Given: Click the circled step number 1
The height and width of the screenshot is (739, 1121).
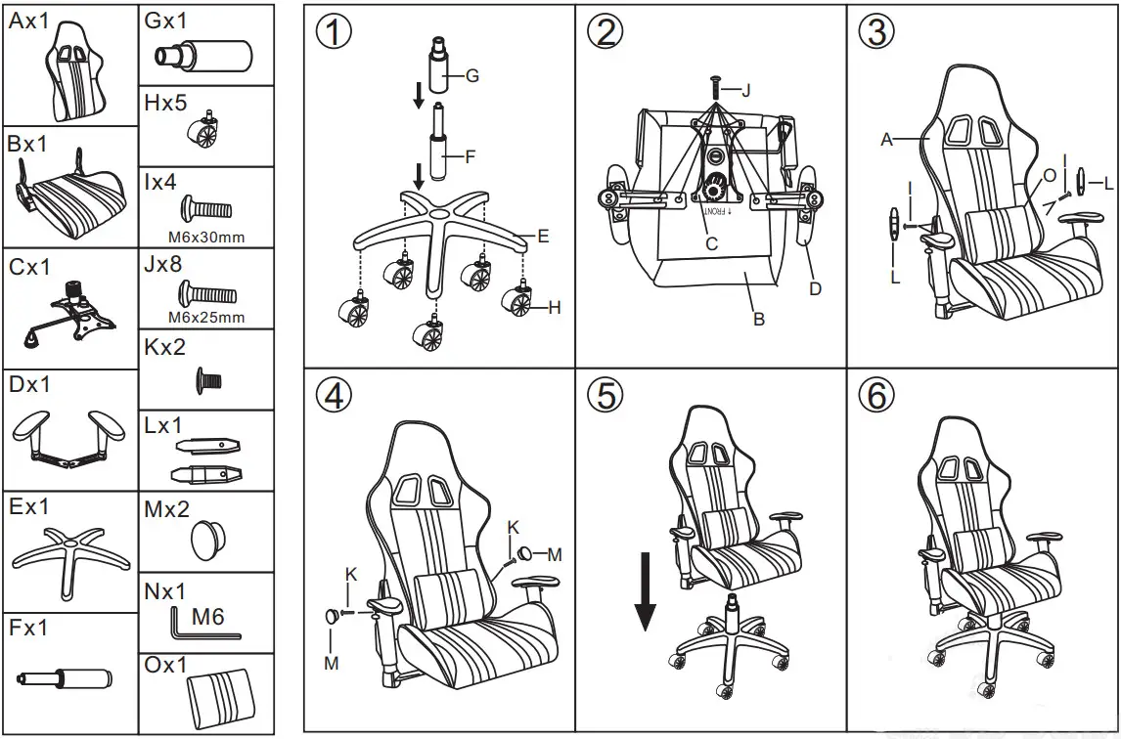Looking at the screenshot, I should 334,31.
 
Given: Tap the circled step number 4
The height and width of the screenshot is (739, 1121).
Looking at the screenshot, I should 334,395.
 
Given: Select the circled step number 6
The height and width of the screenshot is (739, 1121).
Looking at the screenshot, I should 875,395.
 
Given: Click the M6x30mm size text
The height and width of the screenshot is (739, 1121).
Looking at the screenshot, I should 206,237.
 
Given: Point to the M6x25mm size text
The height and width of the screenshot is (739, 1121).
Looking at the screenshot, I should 206,318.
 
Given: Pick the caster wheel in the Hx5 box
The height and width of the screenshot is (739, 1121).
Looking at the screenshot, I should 206,131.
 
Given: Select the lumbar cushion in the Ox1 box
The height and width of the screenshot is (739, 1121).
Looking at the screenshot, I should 220,695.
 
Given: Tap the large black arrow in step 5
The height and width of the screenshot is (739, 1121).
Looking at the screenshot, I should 645,590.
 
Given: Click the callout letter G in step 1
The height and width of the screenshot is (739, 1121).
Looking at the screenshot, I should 472,75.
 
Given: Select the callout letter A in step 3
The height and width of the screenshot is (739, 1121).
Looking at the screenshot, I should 886,140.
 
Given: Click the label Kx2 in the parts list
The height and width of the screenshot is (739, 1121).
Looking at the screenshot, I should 165,347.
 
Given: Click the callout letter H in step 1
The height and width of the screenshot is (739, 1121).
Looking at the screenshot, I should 555,307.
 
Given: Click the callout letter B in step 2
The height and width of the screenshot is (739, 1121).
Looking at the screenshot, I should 757,319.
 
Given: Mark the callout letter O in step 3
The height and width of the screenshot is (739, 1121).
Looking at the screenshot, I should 1049,175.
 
